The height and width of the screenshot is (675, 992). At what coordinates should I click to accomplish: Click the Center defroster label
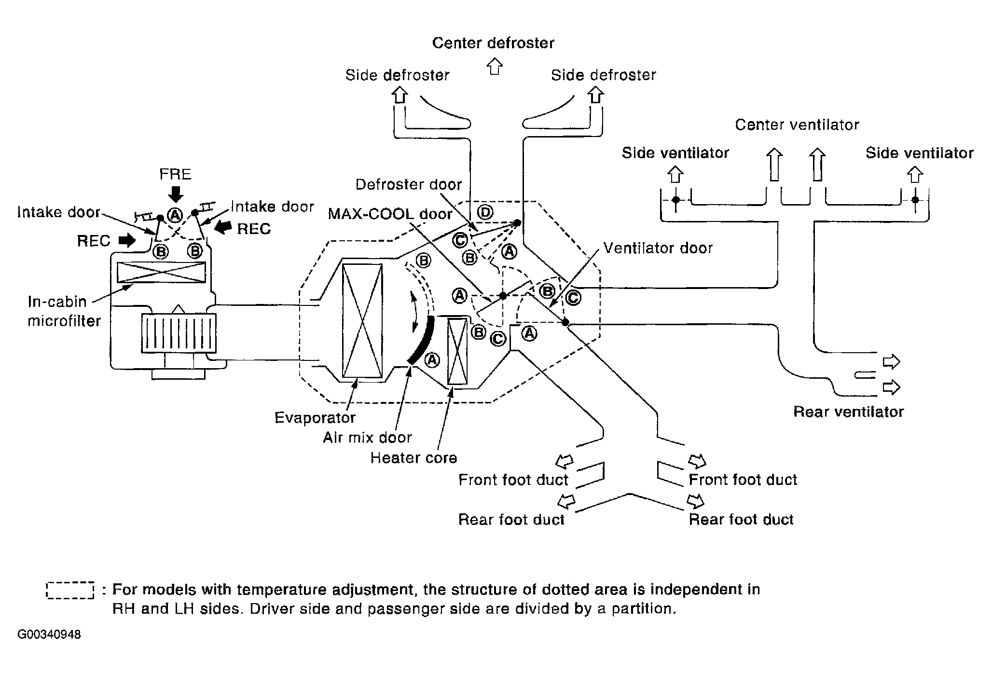(493, 43)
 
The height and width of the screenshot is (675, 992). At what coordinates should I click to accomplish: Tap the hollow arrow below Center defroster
(494, 66)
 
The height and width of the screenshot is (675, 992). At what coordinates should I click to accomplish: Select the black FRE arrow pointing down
(177, 193)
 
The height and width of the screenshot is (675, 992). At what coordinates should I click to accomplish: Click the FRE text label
(175, 174)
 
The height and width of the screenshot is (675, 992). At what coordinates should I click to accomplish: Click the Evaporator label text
(315, 417)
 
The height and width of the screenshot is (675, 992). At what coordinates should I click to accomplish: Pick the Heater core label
(413, 457)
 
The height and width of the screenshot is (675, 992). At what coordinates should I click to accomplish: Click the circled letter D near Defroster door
(485, 212)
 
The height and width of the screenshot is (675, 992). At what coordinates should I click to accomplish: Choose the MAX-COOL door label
(390, 214)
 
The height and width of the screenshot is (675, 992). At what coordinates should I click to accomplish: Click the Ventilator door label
(658, 248)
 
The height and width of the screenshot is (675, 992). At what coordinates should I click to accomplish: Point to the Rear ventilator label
(848, 412)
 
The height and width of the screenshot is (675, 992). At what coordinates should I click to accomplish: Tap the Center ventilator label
(797, 125)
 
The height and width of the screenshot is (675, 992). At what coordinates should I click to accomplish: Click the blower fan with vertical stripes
(179, 333)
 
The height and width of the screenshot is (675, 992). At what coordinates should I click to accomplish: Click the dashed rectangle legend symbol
(70, 590)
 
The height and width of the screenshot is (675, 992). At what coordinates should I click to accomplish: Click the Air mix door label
(367, 438)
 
